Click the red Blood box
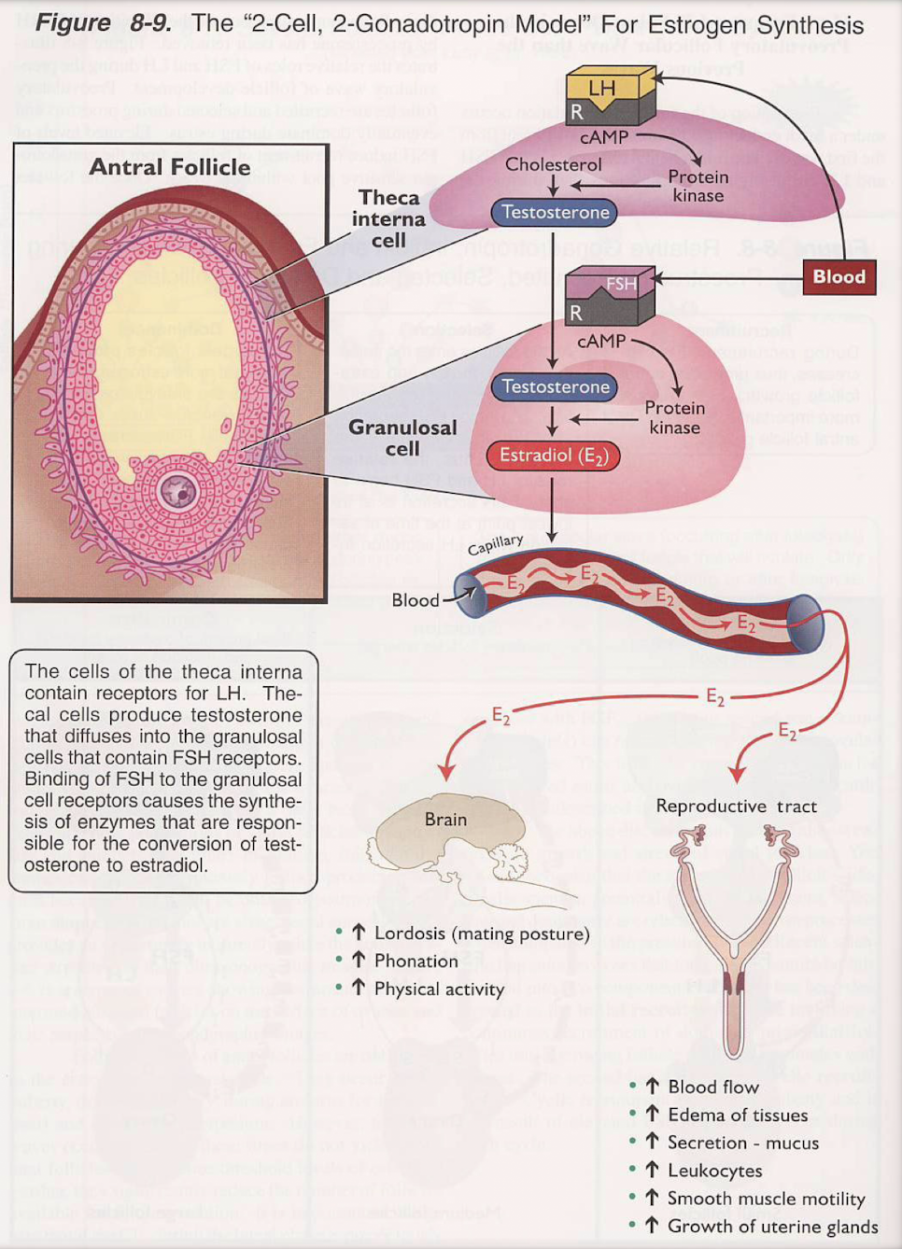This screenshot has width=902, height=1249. (839, 276)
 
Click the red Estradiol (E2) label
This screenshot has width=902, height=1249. (554, 456)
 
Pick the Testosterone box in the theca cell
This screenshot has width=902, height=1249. (555, 213)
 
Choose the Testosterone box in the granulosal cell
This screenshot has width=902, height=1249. (555, 386)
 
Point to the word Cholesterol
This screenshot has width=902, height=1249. (553, 164)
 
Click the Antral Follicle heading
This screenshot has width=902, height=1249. (170, 167)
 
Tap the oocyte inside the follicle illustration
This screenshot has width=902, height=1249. (177, 489)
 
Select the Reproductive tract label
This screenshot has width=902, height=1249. (736, 806)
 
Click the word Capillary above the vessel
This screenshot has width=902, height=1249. (495, 544)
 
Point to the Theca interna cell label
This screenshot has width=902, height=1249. (388, 218)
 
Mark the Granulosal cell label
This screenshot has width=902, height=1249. (402, 437)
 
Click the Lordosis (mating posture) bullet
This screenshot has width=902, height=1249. (481, 933)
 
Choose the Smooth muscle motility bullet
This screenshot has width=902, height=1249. (766, 1199)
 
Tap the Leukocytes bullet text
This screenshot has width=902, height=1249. (714, 1171)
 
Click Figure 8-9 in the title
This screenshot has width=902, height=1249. (103, 23)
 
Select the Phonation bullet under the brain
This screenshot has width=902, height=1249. (416, 961)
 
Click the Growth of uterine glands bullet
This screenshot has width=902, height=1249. (772, 1227)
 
